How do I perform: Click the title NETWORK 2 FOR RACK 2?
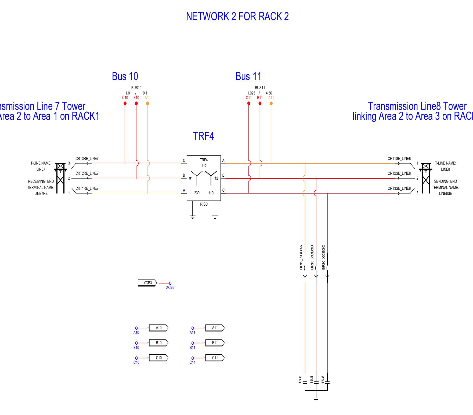coord(237,17)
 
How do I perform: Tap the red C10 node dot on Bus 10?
coord(125,103)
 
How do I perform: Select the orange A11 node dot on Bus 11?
coord(271,103)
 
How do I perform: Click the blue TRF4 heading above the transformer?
coord(203,136)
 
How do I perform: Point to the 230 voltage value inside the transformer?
coord(197,193)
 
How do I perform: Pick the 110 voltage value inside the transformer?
coord(211,193)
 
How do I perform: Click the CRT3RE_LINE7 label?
coord(87,159)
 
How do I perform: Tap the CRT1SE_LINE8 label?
coord(399,159)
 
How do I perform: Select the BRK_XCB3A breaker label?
coord(301,257)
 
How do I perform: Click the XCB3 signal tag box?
coord(147,283)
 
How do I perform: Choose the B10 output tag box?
coord(159,343)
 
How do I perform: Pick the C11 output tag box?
coord(215,358)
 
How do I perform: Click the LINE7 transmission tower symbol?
coord(60,178)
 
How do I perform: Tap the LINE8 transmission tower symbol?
coord(426,178)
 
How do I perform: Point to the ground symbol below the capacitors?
coord(316,399)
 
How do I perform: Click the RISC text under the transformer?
coord(204,204)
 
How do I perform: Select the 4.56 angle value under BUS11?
coord(269,93)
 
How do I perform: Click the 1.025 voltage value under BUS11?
coord(251,93)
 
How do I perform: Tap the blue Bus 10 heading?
coord(125,76)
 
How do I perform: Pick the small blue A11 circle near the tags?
coord(193,328)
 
